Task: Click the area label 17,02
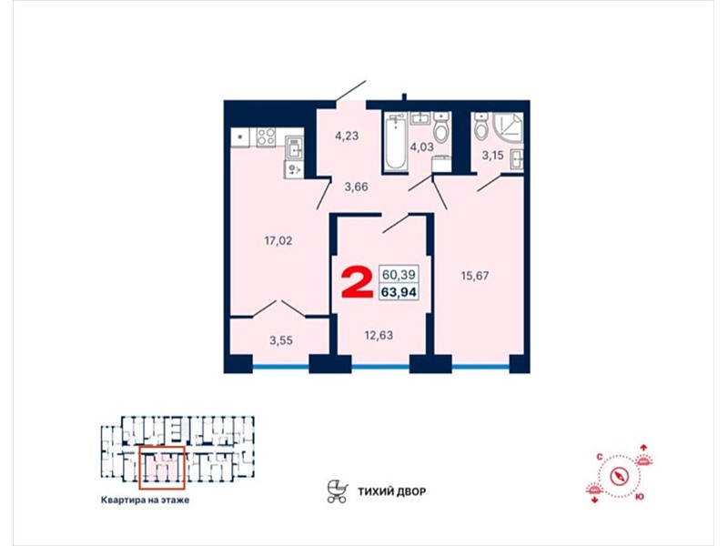pyautogui.click(x=278, y=240)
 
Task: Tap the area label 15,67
pyautogui.click(x=474, y=276)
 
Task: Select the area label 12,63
pyautogui.click(x=379, y=335)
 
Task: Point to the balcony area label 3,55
pyautogui.click(x=281, y=340)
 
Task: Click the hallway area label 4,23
pyautogui.click(x=348, y=136)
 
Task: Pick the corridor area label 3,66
pyautogui.click(x=356, y=187)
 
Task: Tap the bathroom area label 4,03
pyautogui.click(x=421, y=147)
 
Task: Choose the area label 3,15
pyautogui.click(x=492, y=155)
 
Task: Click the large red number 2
pyautogui.click(x=357, y=283)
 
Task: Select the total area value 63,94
pyautogui.click(x=399, y=292)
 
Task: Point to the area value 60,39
pyautogui.click(x=399, y=275)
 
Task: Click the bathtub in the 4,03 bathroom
pyautogui.click(x=395, y=142)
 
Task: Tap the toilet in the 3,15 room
pyautogui.click(x=482, y=126)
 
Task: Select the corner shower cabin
pyautogui.click(x=508, y=127)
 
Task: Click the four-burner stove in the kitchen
pyautogui.click(x=267, y=137)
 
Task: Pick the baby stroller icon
pyautogui.click(x=338, y=491)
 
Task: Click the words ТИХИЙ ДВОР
pyautogui.click(x=391, y=491)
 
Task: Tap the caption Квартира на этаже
pyautogui.click(x=145, y=500)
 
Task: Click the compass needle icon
pyautogui.click(x=620, y=476)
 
